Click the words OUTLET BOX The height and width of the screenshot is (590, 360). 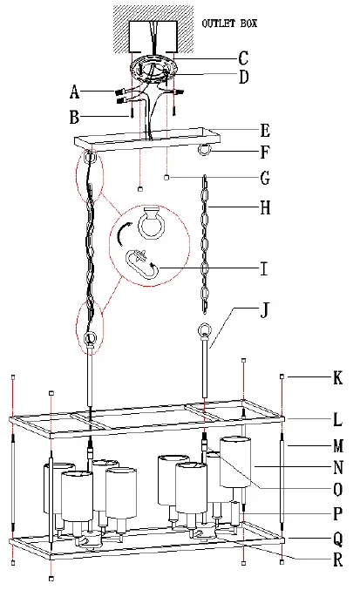(229, 24)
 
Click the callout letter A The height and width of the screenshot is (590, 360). (74, 92)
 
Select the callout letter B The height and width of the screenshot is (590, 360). (74, 117)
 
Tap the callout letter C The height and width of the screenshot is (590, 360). (243, 58)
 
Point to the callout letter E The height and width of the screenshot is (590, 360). (265, 131)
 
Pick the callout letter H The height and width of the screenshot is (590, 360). (265, 207)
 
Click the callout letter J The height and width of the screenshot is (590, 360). (265, 310)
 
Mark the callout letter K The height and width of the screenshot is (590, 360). (338, 377)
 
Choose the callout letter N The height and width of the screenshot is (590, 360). (338, 467)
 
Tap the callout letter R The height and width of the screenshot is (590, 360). (338, 559)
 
